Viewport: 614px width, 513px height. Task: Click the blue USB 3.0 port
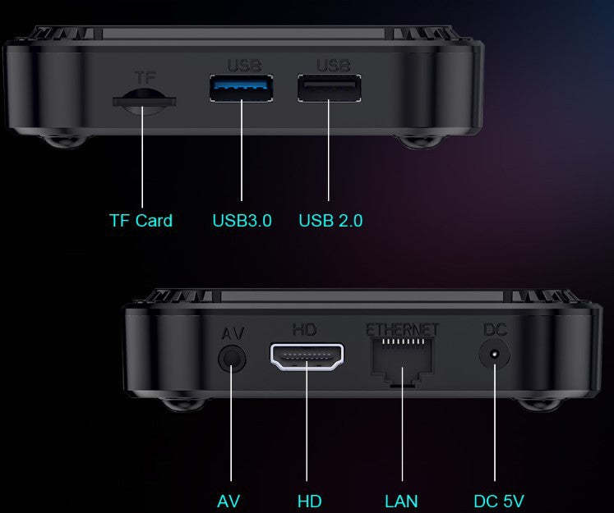coord(241,88)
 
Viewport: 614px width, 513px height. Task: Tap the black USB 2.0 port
coord(330,88)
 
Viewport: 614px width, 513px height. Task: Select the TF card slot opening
coord(144,102)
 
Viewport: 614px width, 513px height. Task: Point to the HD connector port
coord(307,356)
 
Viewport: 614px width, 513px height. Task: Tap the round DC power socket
coord(495,355)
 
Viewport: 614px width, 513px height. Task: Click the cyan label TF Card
coord(141,221)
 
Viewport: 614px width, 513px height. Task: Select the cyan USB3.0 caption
coord(242,221)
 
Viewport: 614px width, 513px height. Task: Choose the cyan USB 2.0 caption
coord(330,221)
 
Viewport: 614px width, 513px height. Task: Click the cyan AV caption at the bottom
coord(229,502)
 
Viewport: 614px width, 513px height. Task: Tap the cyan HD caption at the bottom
coord(309,502)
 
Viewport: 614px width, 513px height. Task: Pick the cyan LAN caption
coord(401,502)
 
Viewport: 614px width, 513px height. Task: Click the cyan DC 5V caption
coord(498,502)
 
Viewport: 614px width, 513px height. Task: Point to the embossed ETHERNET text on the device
coord(402,330)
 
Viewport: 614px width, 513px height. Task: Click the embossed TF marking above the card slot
coord(145,78)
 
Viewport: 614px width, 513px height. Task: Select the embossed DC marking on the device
coord(495,330)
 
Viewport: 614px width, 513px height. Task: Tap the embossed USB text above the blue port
coord(244,66)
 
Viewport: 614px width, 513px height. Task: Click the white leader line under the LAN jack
coord(402,424)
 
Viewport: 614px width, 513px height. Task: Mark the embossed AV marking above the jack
coord(233,333)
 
